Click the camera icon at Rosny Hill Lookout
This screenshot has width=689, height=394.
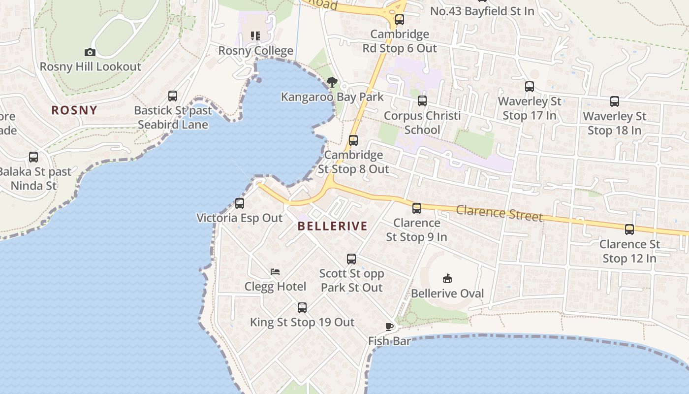point(90,52)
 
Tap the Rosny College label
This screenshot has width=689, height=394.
point(255,51)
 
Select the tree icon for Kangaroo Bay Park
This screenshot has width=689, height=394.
point(332,82)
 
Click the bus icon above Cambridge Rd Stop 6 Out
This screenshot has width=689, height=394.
point(400,20)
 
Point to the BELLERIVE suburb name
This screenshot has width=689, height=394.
point(333,226)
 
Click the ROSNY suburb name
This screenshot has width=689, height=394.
point(74,110)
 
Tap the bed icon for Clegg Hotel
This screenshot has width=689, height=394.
point(275,272)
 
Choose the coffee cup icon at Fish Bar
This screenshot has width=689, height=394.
point(389,326)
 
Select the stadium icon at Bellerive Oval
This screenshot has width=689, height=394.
point(447,279)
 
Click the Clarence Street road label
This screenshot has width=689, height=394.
point(499,213)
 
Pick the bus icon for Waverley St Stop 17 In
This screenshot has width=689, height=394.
point(530,87)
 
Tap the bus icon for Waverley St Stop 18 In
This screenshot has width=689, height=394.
point(615,101)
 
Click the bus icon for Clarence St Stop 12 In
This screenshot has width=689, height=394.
point(629,230)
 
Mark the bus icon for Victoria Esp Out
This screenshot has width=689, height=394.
point(240,203)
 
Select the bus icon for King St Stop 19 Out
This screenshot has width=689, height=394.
point(302,308)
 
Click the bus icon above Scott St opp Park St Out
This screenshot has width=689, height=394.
point(351,259)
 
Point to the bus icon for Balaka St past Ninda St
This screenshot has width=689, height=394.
point(33,157)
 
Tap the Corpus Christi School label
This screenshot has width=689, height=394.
point(422,123)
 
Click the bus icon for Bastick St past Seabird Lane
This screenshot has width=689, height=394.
point(173,96)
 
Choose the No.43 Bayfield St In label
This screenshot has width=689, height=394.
point(482,11)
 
